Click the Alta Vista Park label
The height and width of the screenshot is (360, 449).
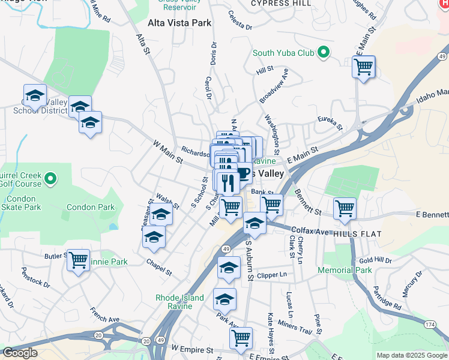pos(179,23)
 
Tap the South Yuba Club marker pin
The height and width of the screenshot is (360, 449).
pos(324,53)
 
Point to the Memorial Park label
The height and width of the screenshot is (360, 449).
pos(345,271)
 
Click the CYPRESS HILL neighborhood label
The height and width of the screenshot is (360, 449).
pos(281,4)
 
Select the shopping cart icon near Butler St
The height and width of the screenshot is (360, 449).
pos(78,260)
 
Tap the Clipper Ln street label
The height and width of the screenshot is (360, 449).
pos(273,275)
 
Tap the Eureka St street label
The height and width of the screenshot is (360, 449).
pos(330,122)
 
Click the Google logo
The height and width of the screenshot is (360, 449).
pos(20,353)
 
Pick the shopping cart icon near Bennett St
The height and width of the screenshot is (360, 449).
pos(345,209)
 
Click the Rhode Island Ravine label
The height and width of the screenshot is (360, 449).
pos(179,302)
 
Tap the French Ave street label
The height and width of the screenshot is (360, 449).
pos(105,313)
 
